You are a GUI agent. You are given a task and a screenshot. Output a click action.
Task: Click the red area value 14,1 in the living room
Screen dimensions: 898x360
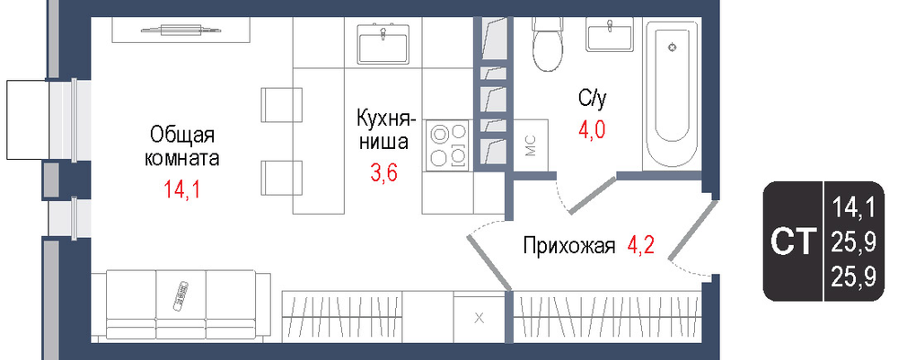point(181,189)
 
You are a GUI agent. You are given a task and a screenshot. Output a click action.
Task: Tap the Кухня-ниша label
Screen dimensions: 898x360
point(383,130)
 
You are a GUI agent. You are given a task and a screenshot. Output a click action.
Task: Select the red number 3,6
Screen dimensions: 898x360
point(383,171)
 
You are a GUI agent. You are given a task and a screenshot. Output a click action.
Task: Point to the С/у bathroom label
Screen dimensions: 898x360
point(592,100)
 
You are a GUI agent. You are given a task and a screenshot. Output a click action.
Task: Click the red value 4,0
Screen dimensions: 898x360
point(592,129)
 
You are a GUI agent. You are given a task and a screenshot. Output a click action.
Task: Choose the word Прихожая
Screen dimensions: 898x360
point(569,247)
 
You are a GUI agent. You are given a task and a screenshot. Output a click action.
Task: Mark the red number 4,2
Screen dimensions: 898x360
point(640,247)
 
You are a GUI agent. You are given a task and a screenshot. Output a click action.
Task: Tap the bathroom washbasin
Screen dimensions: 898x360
point(610,34)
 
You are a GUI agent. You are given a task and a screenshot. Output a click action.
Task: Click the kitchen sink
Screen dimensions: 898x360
point(383,43)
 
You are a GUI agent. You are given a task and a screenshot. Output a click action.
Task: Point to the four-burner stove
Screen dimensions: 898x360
point(448,146)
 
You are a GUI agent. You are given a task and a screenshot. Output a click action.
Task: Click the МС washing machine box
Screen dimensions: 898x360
point(531,145)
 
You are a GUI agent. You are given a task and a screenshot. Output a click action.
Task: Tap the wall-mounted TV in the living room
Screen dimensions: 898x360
point(180,29)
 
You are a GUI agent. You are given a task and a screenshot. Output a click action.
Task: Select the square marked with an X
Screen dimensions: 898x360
point(480,318)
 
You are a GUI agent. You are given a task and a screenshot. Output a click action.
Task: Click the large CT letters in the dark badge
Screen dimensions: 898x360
point(792,242)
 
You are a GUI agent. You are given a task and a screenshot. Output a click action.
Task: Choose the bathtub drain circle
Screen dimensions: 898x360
point(672,48)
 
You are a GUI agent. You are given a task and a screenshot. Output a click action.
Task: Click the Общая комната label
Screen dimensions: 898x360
point(181,147)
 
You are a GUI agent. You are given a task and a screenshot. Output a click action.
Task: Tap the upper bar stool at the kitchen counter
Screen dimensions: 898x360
point(282,105)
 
